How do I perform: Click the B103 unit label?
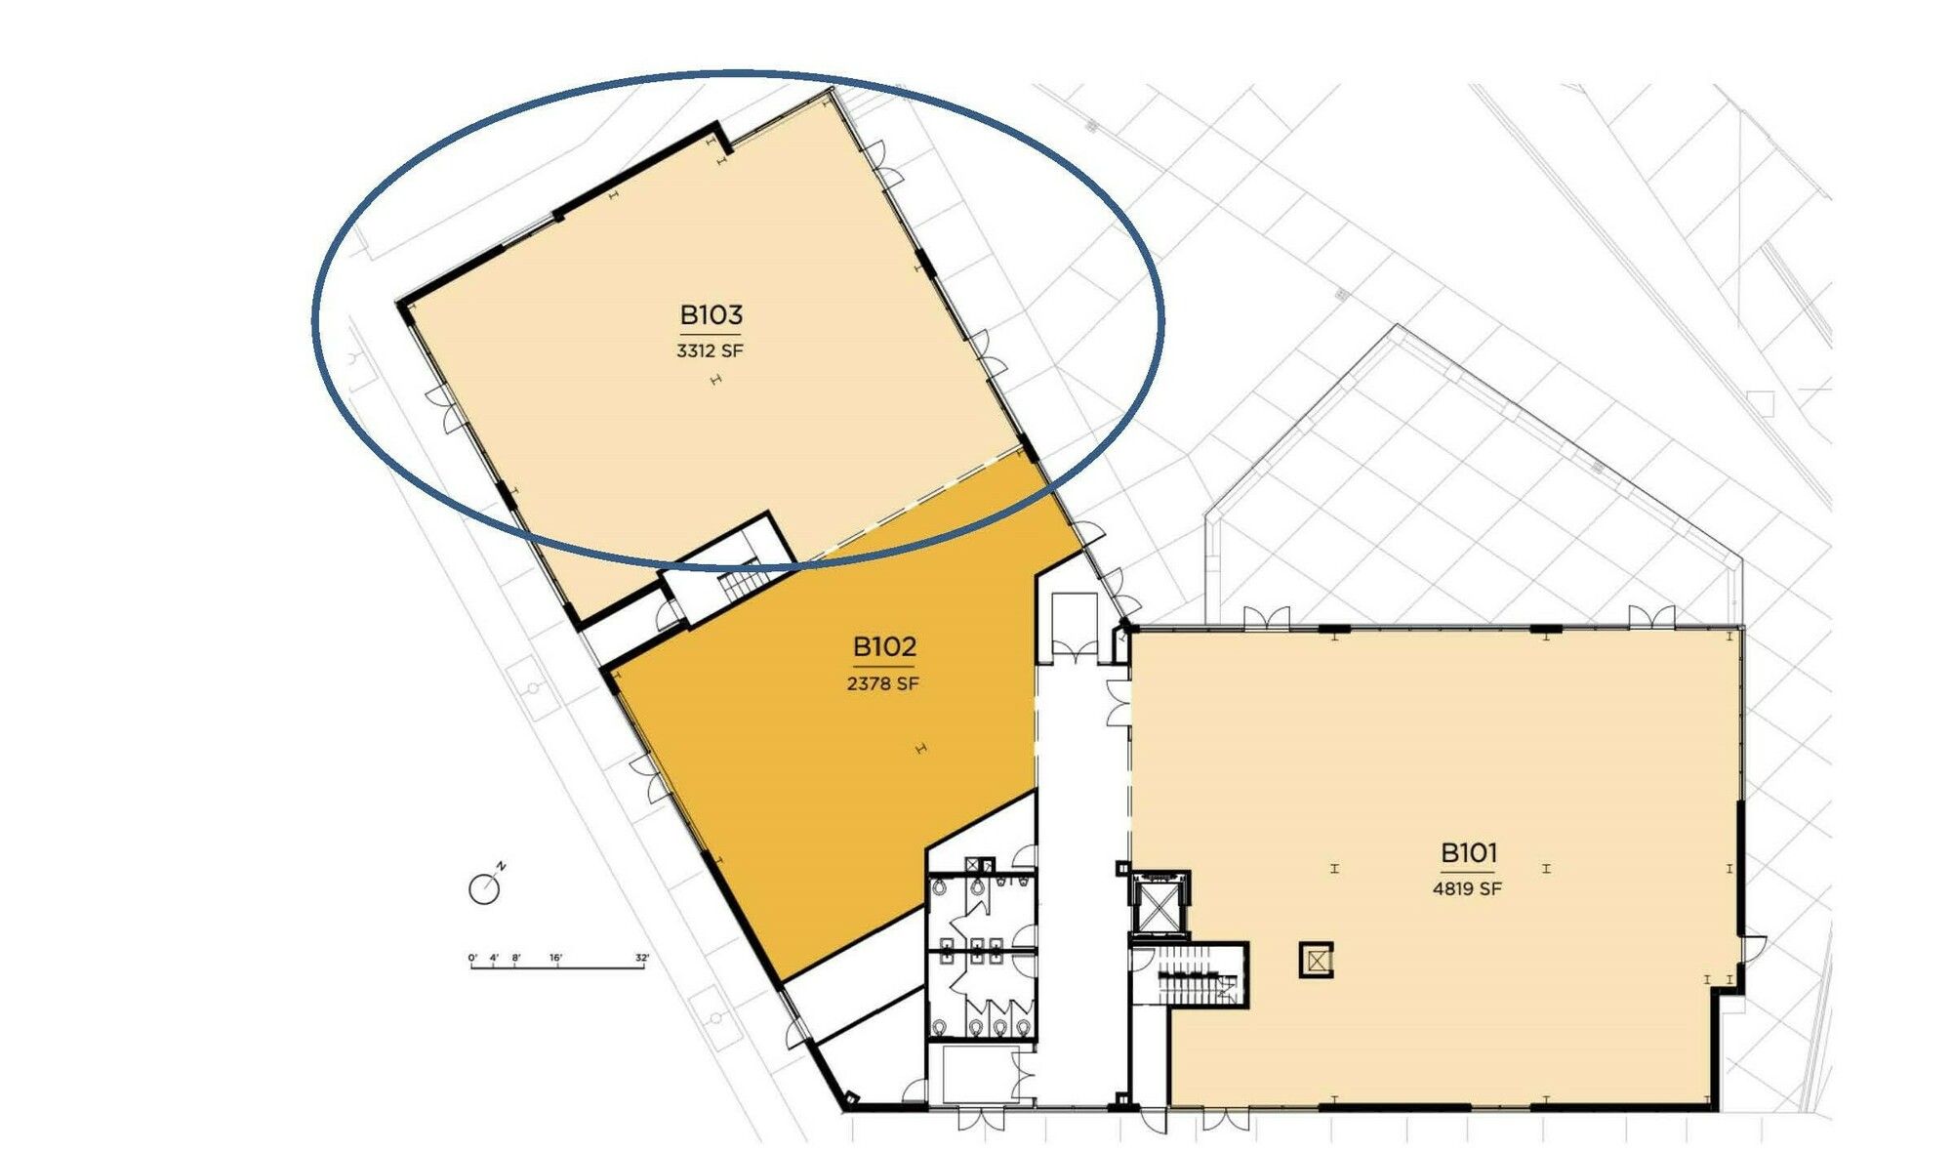click(x=711, y=315)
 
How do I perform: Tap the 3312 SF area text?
click(x=710, y=350)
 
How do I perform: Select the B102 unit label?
click(x=884, y=646)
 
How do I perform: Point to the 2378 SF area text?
click(x=882, y=683)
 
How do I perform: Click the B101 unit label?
click(x=1468, y=853)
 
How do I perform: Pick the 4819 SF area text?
click(x=1467, y=888)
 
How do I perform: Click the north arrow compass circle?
click(x=484, y=889)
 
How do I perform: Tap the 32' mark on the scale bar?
click(x=641, y=958)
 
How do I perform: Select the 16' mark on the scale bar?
click(x=555, y=958)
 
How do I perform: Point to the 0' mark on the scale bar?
click(x=472, y=958)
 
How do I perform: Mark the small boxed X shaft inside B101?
click(x=1316, y=960)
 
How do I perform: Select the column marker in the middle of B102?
click(x=920, y=749)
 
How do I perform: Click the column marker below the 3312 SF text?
click(x=715, y=381)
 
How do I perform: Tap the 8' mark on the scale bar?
click(x=515, y=958)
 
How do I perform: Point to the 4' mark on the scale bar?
click(x=495, y=958)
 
